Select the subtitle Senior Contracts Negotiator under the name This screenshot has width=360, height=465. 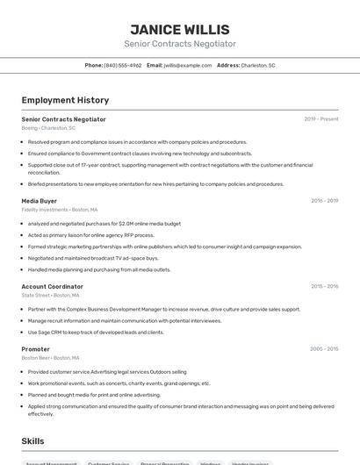tap(180, 44)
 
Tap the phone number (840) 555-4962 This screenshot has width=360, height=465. tap(122, 65)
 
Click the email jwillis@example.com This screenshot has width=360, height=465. tap(187, 65)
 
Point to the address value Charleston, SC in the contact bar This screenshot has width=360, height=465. tap(258, 65)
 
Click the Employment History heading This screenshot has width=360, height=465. tap(65, 100)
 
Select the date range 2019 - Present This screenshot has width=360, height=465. tap(320, 119)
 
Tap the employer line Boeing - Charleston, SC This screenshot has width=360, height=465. tap(48, 128)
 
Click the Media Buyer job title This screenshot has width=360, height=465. tap(40, 201)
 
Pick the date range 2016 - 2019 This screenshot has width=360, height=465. tap(324, 201)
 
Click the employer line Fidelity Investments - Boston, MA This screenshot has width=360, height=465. tap(60, 210)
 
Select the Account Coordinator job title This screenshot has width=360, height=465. tap(53, 286)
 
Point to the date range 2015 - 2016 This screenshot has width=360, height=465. tap(324, 286)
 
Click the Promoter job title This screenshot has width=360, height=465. tap(36, 348)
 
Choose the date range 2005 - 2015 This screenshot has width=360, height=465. tap(324, 348)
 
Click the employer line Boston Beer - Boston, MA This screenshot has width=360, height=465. tap(50, 357)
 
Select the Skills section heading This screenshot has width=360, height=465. tap(32, 441)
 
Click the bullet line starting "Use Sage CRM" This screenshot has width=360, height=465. tap(96, 333)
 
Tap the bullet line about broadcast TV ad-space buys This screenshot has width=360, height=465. tap(93, 258)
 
